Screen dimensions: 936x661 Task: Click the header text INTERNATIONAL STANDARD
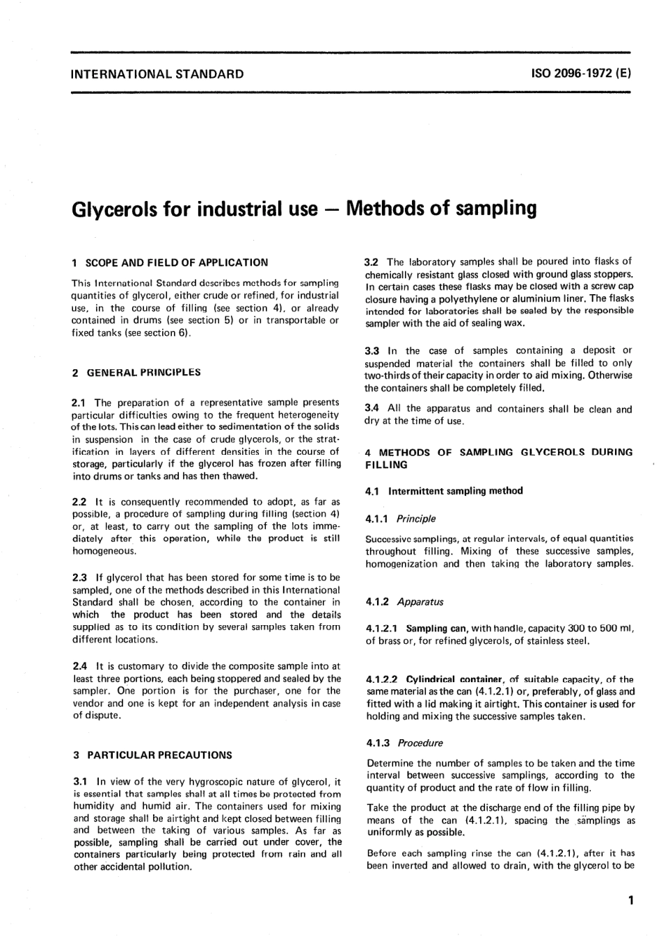tap(157, 74)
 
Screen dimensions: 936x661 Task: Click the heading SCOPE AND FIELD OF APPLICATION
tap(176, 262)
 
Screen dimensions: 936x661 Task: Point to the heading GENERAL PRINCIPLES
tap(143, 372)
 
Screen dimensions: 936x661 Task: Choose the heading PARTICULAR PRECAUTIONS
tap(159, 755)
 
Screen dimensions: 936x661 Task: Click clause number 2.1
tap(80, 402)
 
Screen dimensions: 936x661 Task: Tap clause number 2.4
tap(80, 665)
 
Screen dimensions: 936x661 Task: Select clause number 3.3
tap(372, 350)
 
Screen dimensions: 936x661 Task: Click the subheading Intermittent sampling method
tap(455, 490)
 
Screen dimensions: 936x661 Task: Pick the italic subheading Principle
tap(416, 518)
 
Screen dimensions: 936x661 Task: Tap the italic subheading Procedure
tap(420, 742)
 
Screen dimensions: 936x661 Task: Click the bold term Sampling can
tap(436, 628)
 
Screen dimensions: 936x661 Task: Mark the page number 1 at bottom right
tap(630, 901)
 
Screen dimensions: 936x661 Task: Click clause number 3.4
tap(372, 408)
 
